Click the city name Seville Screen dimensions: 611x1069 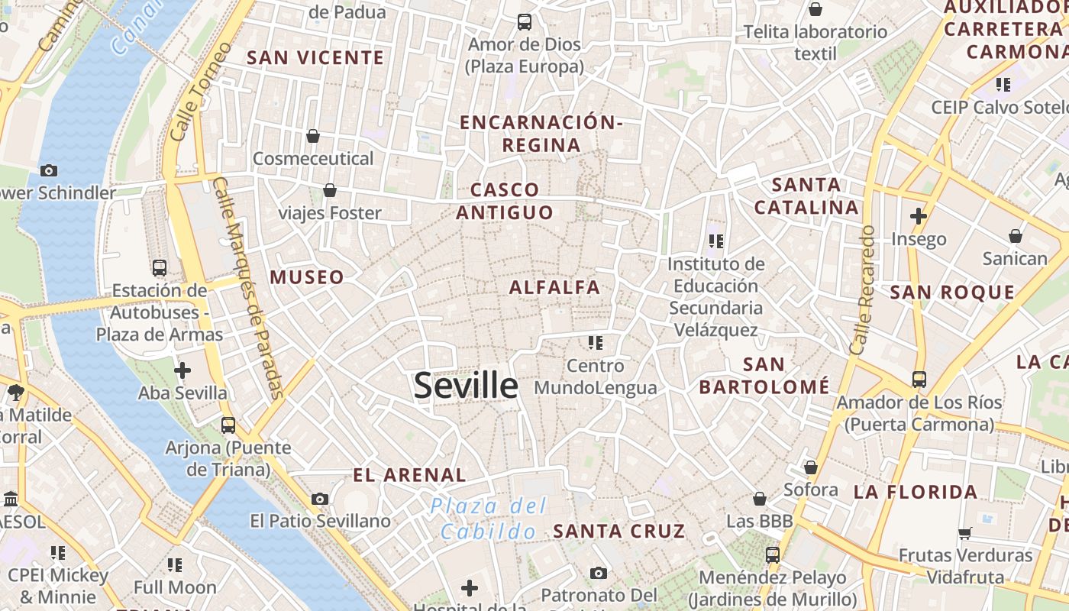coord(466,386)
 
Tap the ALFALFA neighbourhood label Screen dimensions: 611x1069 coord(554,288)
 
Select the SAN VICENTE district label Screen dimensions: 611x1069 coord(315,57)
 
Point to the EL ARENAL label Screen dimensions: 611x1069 coord(409,475)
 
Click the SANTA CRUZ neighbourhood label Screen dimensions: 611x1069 coord(619,531)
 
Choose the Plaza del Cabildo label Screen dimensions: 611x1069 coord(489,519)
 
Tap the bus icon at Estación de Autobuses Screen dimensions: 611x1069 coord(160,268)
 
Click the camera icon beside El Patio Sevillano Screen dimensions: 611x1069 coord(320,499)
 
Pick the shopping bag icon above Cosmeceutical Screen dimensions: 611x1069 coord(313,136)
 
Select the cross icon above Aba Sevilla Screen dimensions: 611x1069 coord(182,371)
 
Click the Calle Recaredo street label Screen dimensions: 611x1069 coord(861,290)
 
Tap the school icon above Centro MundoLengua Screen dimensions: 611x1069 coord(596,343)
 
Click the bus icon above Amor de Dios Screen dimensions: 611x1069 coord(525,22)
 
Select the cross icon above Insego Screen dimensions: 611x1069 coord(919,217)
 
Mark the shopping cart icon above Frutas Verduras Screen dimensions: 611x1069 coord(965,533)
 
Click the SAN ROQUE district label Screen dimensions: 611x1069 coord(952,293)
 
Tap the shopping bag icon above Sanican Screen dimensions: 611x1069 coord(1016,236)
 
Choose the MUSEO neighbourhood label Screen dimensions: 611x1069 coord(307,277)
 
